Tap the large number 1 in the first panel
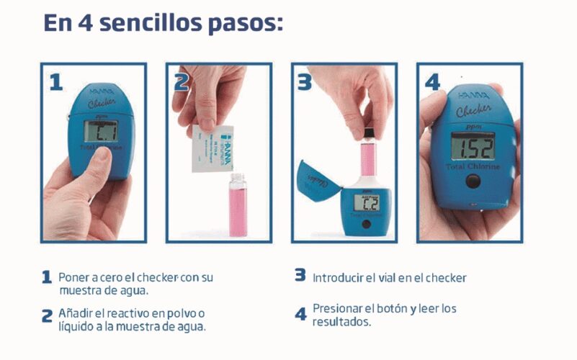coord(55,81)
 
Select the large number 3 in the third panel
coord(305,81)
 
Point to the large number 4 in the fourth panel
coord(431,81)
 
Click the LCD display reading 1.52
coord(472,147)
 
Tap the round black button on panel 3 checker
coord(367,225)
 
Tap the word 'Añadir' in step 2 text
coord(76,313)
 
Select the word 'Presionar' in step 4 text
coord(339,309)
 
